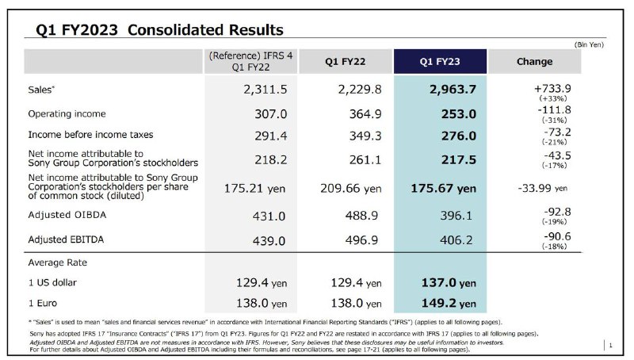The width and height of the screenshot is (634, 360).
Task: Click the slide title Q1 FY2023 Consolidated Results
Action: point(154,30)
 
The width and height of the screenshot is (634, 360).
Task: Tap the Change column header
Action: point(534,62)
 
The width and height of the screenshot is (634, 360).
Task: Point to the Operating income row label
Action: point(67,114)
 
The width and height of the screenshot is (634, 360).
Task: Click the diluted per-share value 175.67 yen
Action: point(444,189)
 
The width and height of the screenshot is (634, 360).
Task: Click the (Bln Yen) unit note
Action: point(589,44)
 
